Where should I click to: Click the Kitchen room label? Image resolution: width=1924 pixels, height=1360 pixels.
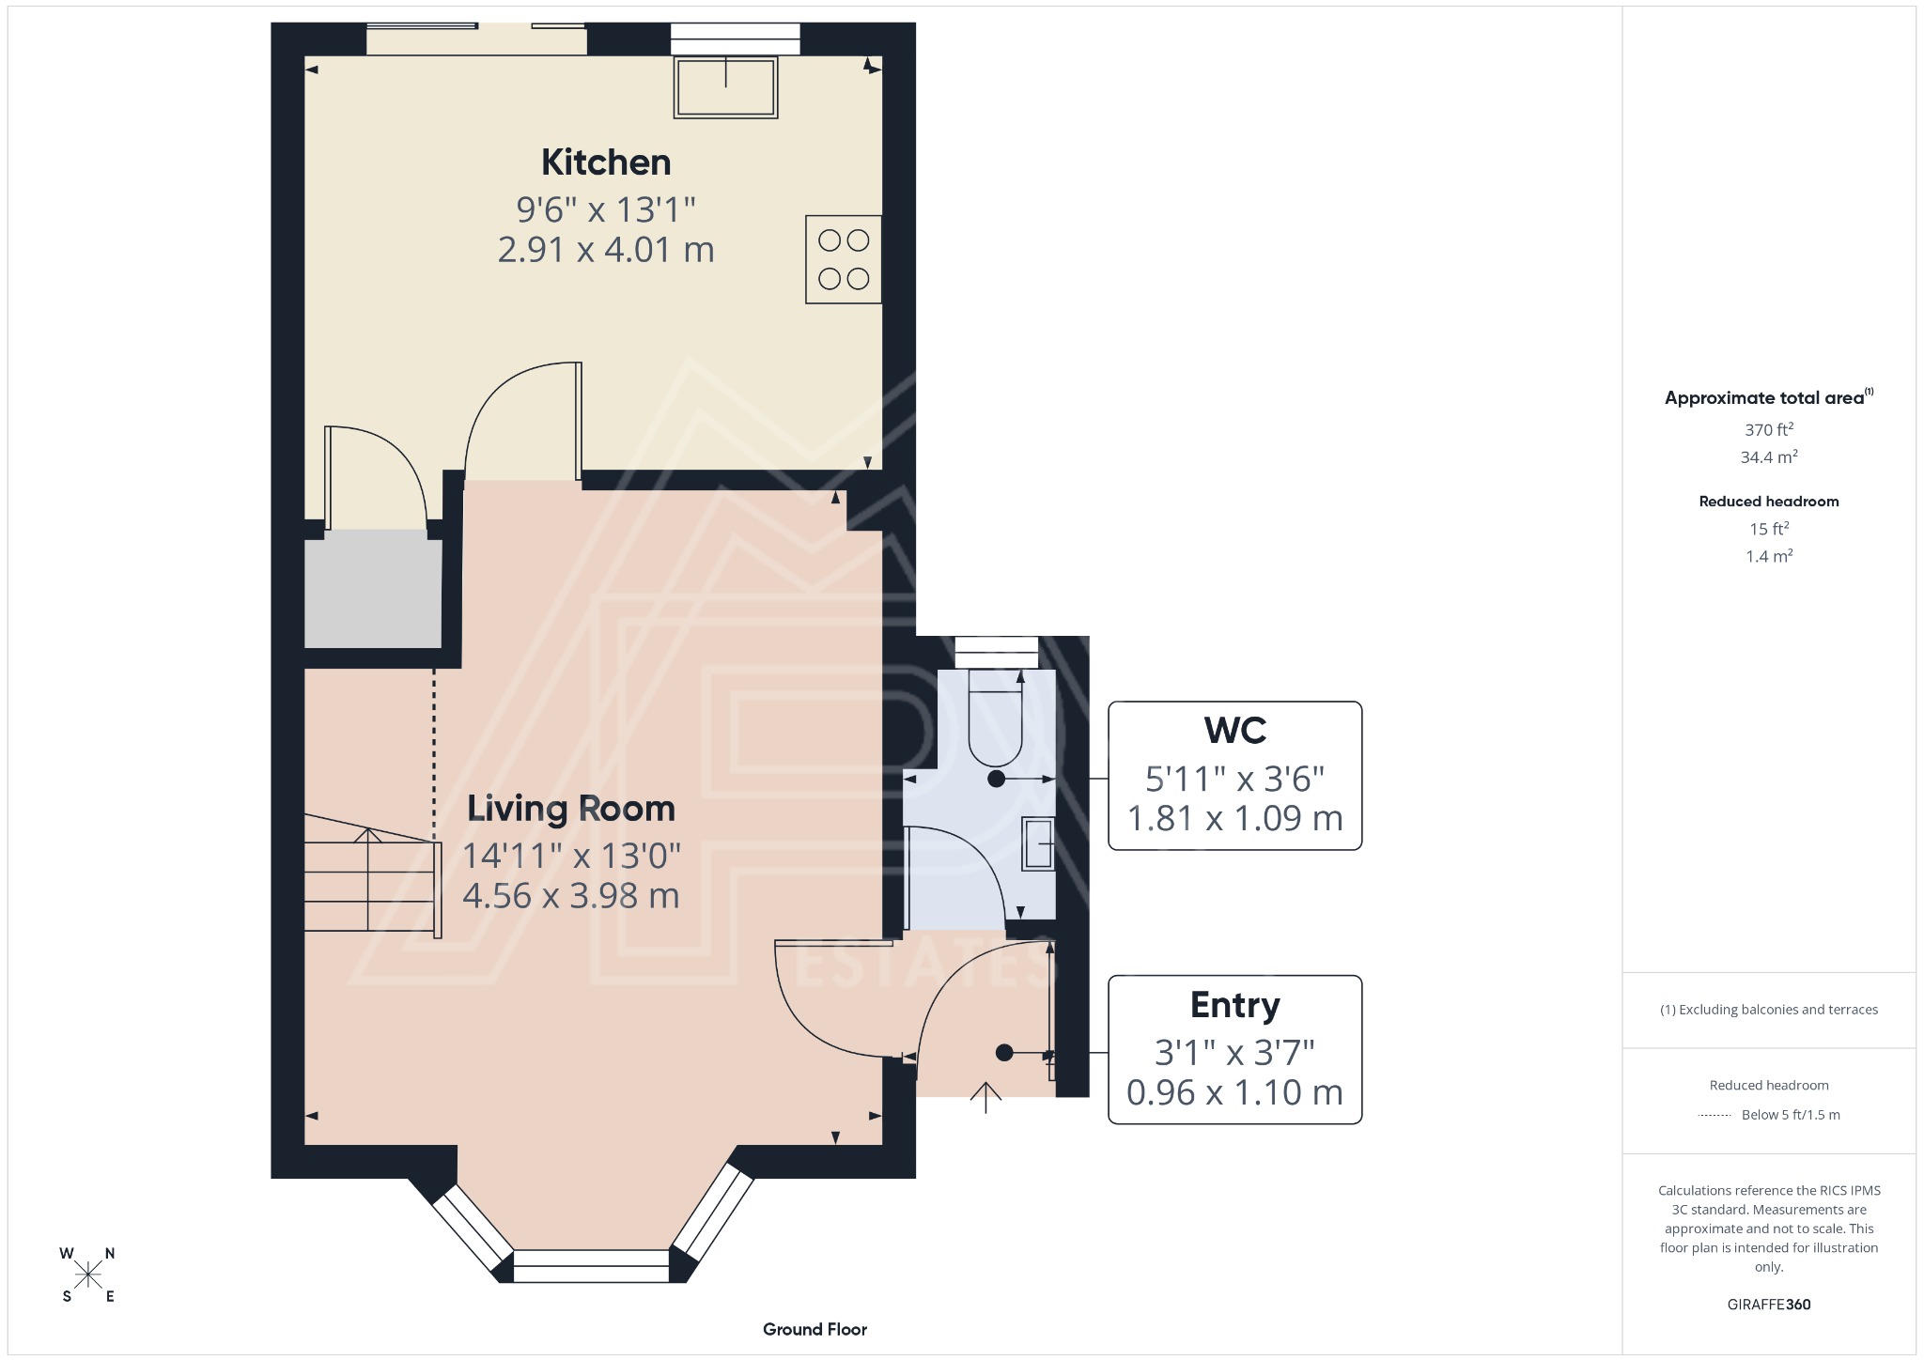[x=606, y=162]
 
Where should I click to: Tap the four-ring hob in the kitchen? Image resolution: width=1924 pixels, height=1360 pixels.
[x=843, y=259]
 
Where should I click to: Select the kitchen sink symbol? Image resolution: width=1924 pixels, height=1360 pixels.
[x=725, y=88]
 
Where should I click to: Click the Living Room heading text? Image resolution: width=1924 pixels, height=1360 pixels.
[x=571, y=809]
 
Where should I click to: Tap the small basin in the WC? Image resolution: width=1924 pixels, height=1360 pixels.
[x=1038, y=843]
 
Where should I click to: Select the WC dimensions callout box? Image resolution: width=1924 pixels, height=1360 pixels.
[x=1234, y=776]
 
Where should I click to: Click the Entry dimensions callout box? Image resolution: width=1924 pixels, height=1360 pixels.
[x=1234, y=1049]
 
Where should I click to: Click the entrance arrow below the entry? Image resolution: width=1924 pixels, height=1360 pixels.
[x=985, y=1097]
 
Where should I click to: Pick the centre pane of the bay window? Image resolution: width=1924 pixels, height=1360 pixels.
[x=591, y=1265]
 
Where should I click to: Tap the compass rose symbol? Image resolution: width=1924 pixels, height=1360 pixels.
[x=88, y=1275]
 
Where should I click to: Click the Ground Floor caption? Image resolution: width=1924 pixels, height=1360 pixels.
[x=815, y=1329]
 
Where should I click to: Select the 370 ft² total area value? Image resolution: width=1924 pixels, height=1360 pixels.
[x=1769, y=429]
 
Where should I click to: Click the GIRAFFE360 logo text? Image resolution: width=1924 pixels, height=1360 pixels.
[x=1769, y=1304]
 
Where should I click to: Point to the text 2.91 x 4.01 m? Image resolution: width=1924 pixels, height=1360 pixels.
[x=606, y=250]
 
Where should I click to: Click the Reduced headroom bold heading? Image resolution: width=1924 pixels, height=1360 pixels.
[x=1769, y=502]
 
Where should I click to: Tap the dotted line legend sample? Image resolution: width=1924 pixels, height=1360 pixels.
[x=1715, y=1115]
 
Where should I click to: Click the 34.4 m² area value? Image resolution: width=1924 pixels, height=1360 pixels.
[x=1769, y=457]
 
